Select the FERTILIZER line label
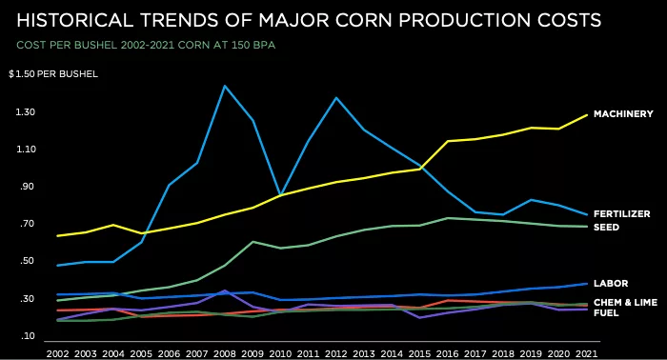pos(621,214)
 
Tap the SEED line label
pos(606,228)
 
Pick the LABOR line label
pos(610,284)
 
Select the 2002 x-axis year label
pos(58,352)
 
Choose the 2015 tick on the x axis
pos(417,352)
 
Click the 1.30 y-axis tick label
pos(24,112)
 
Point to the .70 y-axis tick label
pos(26,225)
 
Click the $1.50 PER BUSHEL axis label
pos(47,74)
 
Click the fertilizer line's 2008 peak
pos(224,86)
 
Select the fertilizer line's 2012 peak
pos(335,97)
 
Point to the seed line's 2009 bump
pos(252,242)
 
